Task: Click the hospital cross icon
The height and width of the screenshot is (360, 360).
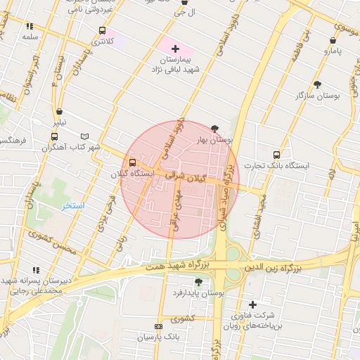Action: coord(175,48)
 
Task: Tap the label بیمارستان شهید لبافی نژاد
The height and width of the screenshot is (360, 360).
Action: coord(176,65)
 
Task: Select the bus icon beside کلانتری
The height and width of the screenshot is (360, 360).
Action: coord(103,31)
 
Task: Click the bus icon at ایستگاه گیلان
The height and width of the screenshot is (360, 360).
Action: coord(133,163)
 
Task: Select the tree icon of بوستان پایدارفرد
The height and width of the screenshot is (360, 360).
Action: coord(198,281)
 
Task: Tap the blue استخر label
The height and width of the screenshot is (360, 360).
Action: coord(72,206)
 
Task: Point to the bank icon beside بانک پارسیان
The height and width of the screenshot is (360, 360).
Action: coord(157,327)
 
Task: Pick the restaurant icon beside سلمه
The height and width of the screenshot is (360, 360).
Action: coord(30,26)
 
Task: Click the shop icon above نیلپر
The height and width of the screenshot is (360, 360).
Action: coord(59,112)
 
